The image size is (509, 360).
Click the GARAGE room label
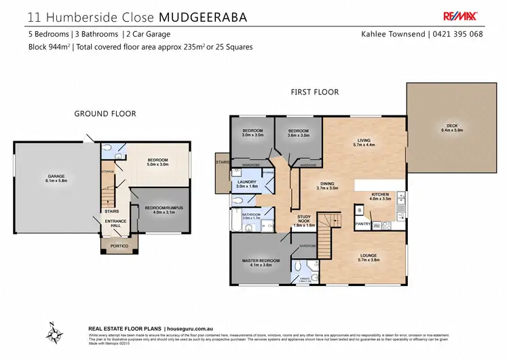coord(56,176)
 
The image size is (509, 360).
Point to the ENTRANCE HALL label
coord(115,223)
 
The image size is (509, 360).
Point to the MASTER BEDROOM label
coord(261,261)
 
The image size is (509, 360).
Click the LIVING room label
coord(364,141)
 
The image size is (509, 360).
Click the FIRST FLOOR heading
coord(314,92)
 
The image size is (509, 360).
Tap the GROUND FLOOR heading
coord(105,114)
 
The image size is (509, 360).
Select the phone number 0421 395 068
coord(459,34)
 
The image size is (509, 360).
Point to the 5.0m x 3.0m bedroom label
coord(157,162)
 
